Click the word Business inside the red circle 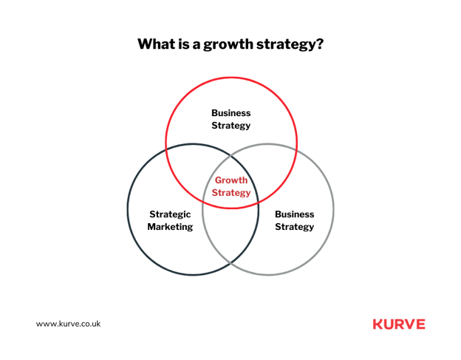pyautogui.click(x=230, y=113)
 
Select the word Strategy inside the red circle pyautogui.click(x=230, y=126)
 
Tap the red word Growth pyautogui.click(x=230, y=180)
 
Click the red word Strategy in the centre pyautogui.click(x=230, y=193)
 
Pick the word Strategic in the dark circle pyautogui.click(x=170, y=214)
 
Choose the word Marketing pyautogui.click(x=170, y=227)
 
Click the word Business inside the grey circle pyautogui.click(x=294, y=214)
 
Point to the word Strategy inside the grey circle pyautogui.click(x=294, y=227)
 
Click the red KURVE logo pyautogui.click(x=399, y=325)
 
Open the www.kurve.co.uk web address pyautogui.click(x=69, y=325)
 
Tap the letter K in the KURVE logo pyautogui.click(x=378, y=325)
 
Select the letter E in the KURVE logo pyautogui.click(x=420, y=325)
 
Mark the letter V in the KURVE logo pyautogui.click(x=409, y=325)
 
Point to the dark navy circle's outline pyautogui.click(x=128, y=209)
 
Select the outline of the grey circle pyautogui.click(x=333, y=209)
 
